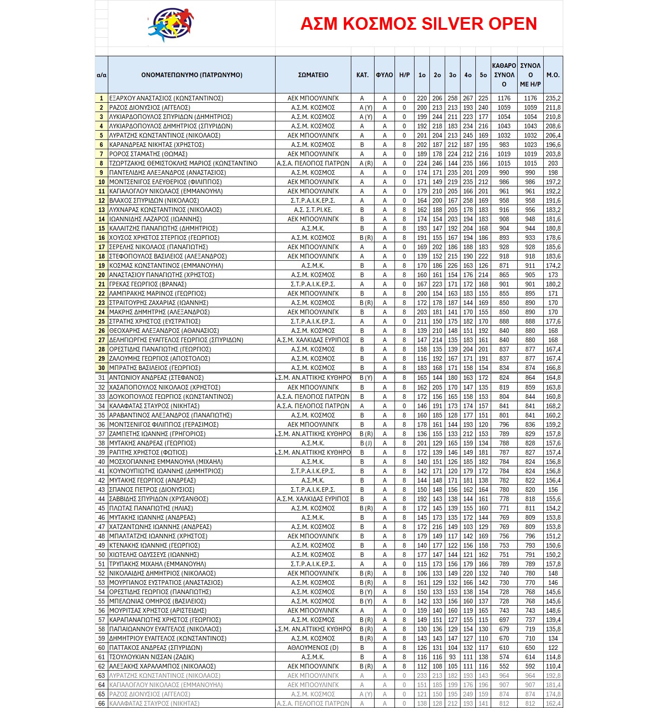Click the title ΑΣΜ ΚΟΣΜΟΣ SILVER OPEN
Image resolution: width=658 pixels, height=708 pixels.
pos(418,24)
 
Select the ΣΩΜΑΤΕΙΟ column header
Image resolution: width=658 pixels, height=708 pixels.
pos(313,75)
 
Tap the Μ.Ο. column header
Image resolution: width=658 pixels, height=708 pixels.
pos(553,75)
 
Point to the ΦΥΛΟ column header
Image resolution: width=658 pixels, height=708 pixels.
pos(384,75)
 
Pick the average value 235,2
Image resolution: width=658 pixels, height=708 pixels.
pos(553,99)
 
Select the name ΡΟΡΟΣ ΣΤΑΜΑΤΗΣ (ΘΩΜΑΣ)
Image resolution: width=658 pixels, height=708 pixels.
pos(148,154)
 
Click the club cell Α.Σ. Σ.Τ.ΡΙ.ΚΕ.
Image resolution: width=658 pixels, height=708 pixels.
pos(313,210)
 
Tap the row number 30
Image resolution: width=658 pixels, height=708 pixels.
pos(101,368)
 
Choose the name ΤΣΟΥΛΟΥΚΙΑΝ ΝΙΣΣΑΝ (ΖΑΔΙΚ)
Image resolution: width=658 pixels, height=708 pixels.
pos(151,657)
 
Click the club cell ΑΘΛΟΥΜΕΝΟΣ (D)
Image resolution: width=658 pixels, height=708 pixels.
pos(313,648)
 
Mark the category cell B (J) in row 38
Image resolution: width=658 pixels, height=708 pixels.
pos(366,443)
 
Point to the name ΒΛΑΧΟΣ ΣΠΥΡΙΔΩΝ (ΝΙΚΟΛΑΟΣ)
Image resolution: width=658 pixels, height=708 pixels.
pos(154,201)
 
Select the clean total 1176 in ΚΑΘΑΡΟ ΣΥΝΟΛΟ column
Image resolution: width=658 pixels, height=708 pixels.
pos(504,99)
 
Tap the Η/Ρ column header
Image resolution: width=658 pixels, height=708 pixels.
pos(404,75)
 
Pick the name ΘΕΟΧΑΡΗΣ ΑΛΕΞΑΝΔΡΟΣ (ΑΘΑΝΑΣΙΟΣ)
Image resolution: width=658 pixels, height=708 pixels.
pos(164,331)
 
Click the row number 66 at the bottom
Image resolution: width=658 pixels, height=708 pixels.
pos(101,704)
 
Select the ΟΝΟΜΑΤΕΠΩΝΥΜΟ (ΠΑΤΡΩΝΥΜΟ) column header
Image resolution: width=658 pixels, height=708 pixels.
pos(191,75)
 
